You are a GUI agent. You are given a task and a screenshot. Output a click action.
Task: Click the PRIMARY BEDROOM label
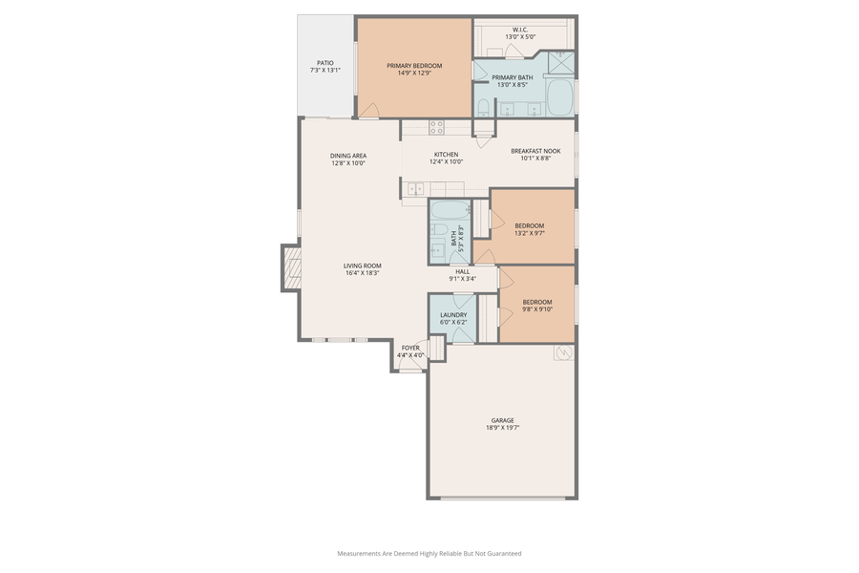coord(414,66)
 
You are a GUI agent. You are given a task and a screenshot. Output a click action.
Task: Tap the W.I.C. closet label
coord(520,30)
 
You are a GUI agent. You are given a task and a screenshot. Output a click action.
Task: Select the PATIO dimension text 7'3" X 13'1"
coord(325,70)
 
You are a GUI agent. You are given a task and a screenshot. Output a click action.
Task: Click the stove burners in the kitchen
coord(436,126)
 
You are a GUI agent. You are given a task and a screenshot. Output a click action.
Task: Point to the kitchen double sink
coord(416,189)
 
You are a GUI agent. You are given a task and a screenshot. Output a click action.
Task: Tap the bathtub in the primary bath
coord(560,96)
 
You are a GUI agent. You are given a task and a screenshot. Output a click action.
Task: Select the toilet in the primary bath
coord(484,106)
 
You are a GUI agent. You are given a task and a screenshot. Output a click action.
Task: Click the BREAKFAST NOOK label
coord(535,151)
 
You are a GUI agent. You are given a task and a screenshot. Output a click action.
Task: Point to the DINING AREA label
coord(348,156)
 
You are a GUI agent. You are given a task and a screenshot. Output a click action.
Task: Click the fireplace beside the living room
coord(291,268)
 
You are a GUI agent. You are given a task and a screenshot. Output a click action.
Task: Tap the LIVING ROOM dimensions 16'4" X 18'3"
coord(363,273)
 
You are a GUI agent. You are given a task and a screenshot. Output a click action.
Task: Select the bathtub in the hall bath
coord(448,211)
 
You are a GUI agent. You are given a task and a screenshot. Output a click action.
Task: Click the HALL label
coord(462,271)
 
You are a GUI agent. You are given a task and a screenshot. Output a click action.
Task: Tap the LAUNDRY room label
coord(453,314)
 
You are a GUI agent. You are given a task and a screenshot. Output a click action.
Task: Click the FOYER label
coord(410,348)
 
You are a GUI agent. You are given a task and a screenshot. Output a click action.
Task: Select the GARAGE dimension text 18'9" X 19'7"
coord(502,428)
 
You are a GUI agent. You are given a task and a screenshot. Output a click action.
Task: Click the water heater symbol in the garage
coord(563,353)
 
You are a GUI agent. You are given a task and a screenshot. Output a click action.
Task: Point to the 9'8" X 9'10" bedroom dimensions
coord(537,308)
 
